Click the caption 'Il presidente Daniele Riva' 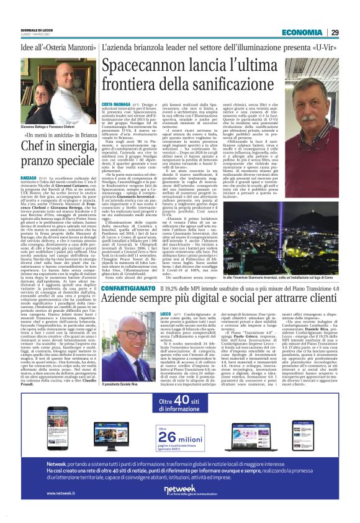(117, 384)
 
